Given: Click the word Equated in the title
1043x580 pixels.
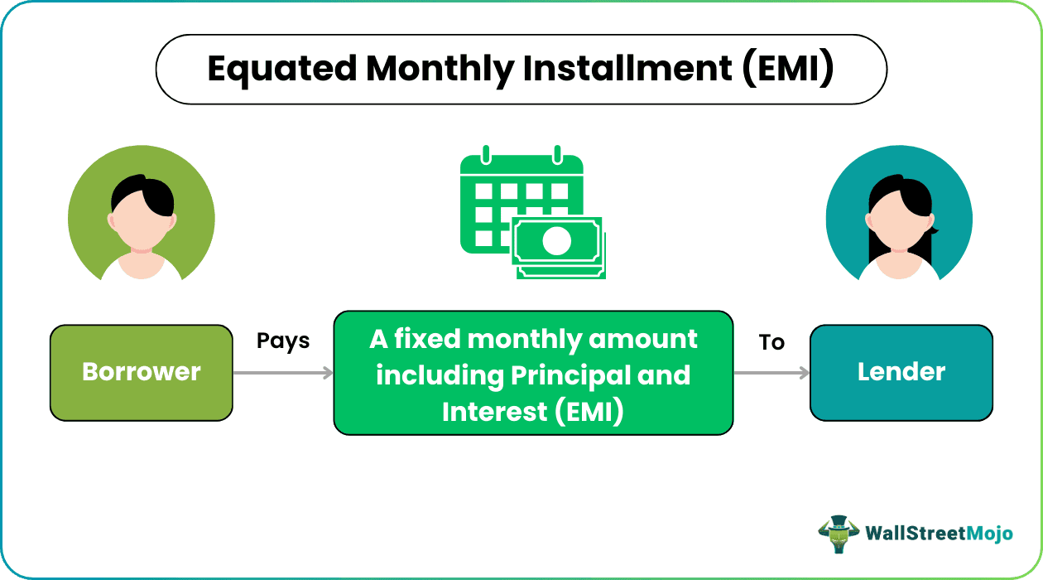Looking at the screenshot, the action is (281, 70).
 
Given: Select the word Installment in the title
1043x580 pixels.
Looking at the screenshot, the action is (627, 68).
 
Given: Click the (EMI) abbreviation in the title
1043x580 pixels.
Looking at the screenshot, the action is (788, 69).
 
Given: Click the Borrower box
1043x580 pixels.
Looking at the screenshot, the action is (141, 373).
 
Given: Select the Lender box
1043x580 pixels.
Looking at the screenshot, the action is (901, 373).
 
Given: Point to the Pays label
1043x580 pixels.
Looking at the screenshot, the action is (282, 341).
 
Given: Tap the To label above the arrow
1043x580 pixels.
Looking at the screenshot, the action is (771, 342).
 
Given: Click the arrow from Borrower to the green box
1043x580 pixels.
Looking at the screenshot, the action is (283, 373).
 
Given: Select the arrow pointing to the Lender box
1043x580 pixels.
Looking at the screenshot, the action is (771, 373).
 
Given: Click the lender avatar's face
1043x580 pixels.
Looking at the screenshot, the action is (899, 220).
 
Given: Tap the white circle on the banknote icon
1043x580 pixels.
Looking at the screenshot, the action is (556, 240).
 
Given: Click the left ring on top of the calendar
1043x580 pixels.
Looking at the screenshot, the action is (486, 154).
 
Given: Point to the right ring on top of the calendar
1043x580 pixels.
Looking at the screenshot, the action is (557, 154).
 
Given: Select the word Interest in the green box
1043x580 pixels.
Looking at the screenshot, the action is (494, 412).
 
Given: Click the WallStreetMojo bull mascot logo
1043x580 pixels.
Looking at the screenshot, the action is (839, 534).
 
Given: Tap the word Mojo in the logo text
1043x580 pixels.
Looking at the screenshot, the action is (990, 534).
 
